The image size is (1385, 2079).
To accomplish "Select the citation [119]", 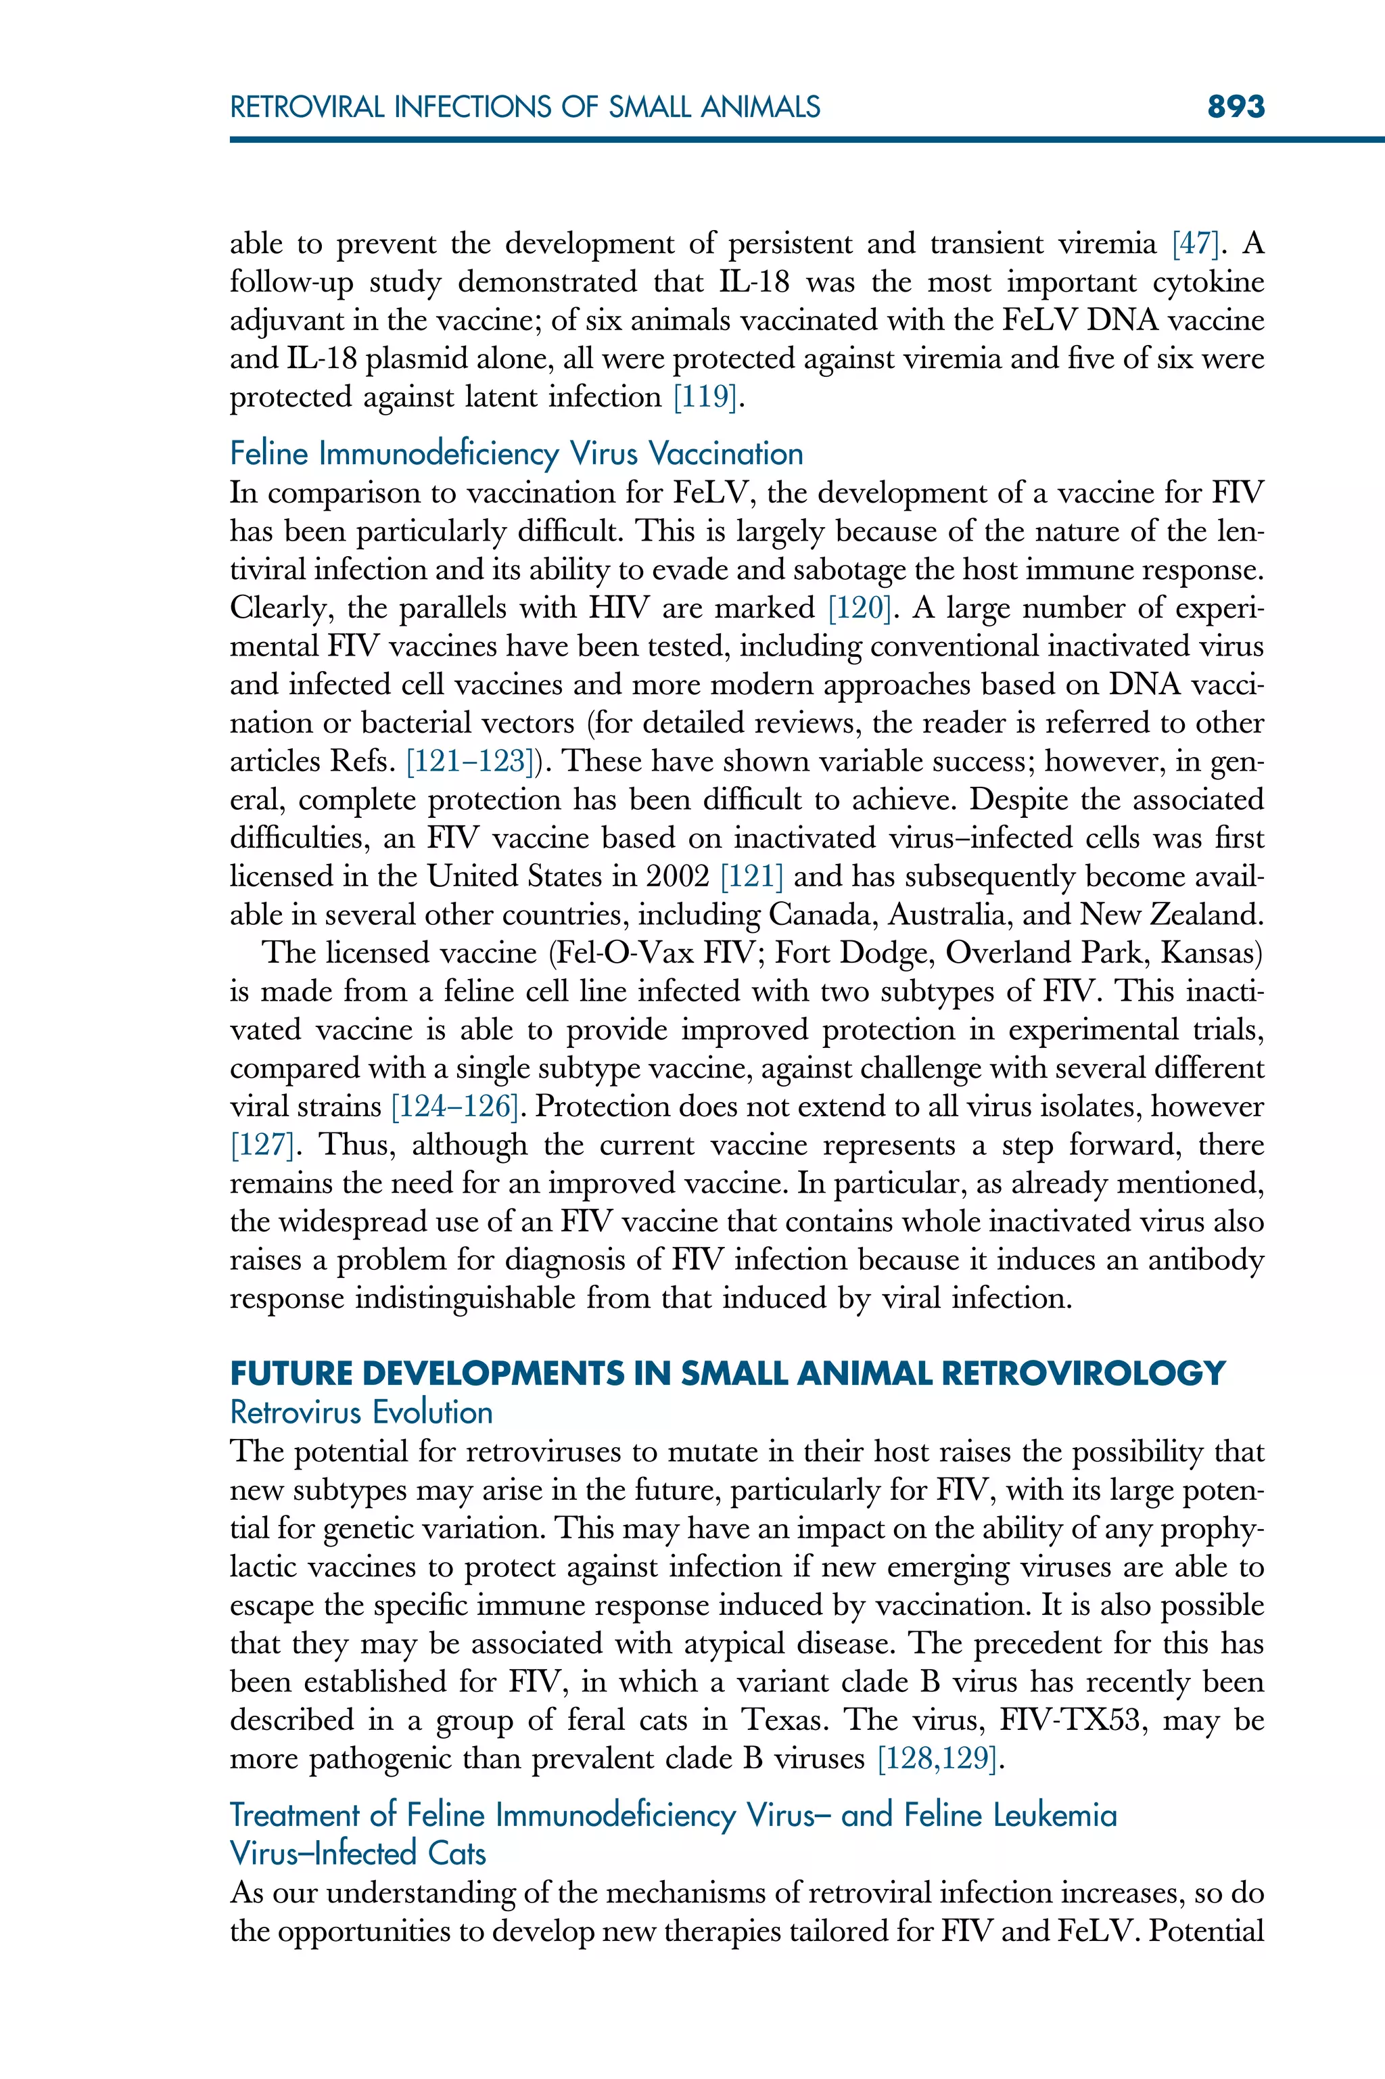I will point(704,398).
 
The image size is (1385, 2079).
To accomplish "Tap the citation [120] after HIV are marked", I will point(859,609).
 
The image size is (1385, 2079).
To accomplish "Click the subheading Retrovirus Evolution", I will point(360,1413).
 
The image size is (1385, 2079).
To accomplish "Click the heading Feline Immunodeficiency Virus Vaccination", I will point(516,454).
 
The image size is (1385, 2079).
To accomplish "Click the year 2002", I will point(678,877).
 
